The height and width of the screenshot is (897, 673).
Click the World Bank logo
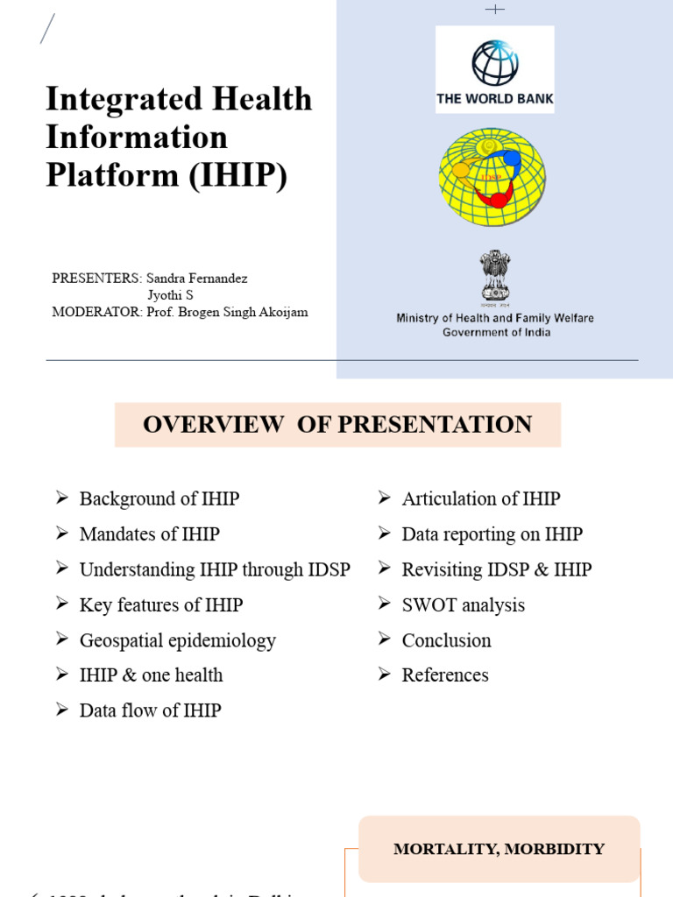pyautogui.click(x=495, y=69)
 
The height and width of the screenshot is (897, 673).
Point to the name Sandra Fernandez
pyautogui.click(x=197, y=279)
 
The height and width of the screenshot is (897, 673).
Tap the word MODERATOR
pyautogui.click(x=95, y=312)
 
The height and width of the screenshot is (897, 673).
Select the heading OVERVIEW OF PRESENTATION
pyautogui.click(x=337, y=425)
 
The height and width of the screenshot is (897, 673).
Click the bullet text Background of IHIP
pyautogui.click(x=159, y=499)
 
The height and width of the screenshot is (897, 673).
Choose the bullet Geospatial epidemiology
pyautogui.click(x=177, y=640)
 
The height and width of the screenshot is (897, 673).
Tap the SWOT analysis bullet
pyautogui.click(x=463, y=605)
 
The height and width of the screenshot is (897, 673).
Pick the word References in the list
pyautogui.click(x=445, y=675)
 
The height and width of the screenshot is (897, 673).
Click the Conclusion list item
pyautogui.click(x=446, y=640)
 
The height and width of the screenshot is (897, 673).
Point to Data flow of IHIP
pyautogui.click(x=150, y=710)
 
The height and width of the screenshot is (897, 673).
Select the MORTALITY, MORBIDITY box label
pyautogui.click(x=499, y=849)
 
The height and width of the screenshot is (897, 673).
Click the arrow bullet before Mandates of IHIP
pyautogui.click(x=62, y=533)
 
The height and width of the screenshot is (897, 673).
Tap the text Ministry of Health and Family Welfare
pyautogui.click(x=495, y=318)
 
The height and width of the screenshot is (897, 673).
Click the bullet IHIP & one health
pyautogui.click(x=151, y=675)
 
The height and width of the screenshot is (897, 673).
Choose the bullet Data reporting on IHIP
pyautogui.click(x=492, y=534)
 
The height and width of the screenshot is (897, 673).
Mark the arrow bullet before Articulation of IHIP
pyautogui.click(x=385, y=498)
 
